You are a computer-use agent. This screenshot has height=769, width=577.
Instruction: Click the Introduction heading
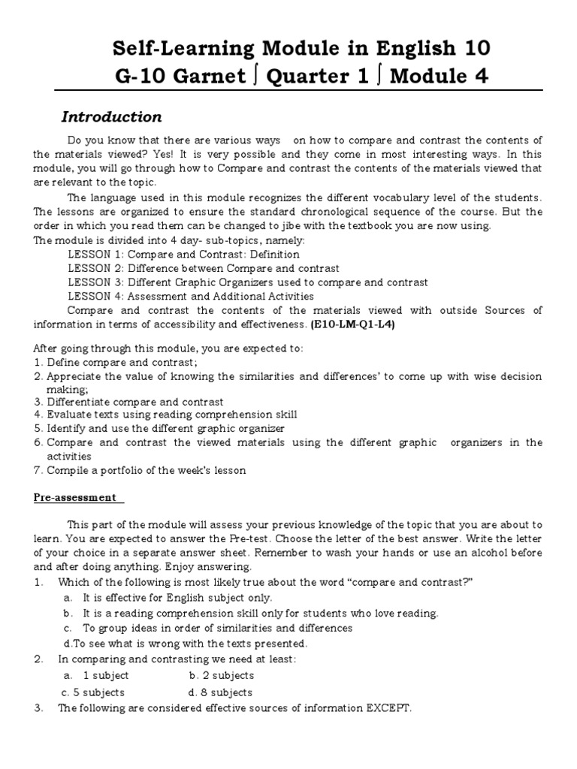111,117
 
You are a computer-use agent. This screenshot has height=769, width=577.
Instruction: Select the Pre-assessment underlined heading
74,497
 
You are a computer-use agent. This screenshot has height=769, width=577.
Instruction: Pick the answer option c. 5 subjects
93,692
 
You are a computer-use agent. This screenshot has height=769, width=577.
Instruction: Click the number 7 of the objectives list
37,470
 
